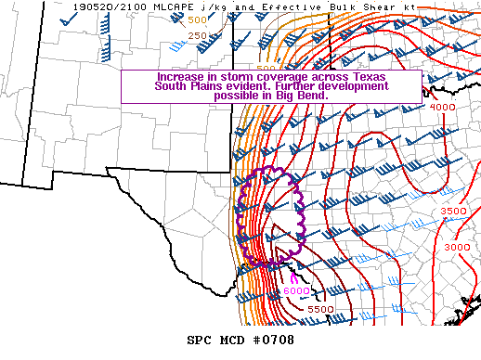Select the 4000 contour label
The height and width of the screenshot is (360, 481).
(441, 107)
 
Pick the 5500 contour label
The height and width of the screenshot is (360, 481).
(320, 309)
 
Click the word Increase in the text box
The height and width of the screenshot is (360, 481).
(180, 77)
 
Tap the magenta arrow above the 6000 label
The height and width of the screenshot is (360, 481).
(294, 276)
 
